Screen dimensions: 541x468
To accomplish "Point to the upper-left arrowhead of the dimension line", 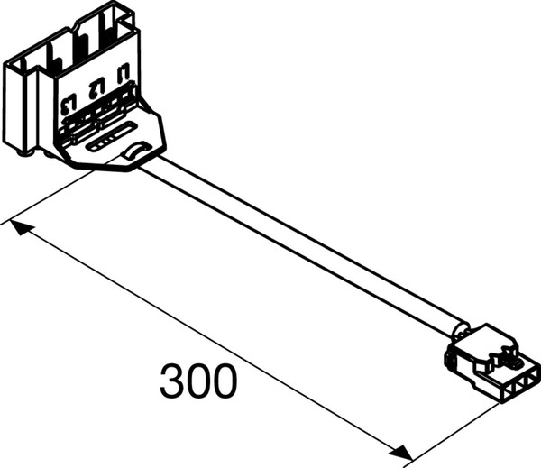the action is tap(22, 228).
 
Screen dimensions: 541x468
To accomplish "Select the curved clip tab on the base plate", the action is tap(135, 151).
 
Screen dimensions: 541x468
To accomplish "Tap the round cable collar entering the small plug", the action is tap(460, 330).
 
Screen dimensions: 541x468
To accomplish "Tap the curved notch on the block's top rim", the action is tap(78, 25).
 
